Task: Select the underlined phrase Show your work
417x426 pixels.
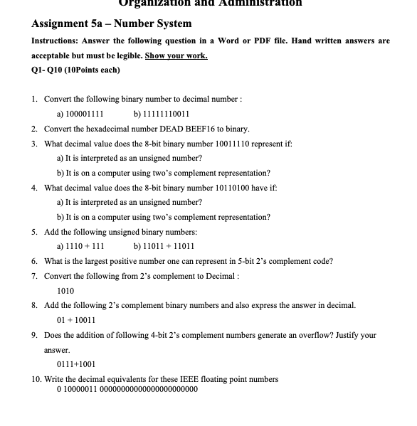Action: [181, 55]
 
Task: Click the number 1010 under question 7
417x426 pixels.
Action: [65, 290]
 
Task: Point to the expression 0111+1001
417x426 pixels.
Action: [75, 363]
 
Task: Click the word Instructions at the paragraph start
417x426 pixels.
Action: [56, 41]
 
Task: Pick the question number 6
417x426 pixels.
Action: [35, 261]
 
